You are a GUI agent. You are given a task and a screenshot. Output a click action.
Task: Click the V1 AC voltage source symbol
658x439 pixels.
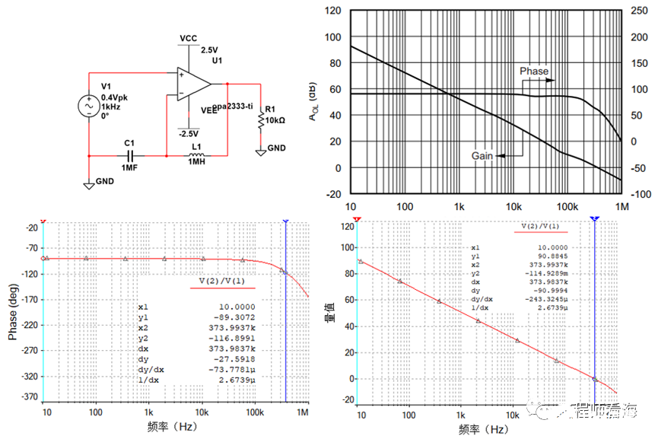(88, 105)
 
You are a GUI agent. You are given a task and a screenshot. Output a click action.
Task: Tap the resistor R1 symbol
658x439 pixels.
(261, 119)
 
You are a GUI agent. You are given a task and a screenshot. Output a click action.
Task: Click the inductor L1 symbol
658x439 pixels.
(196, 154)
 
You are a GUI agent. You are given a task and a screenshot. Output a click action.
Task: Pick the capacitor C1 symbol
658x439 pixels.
(129, 154)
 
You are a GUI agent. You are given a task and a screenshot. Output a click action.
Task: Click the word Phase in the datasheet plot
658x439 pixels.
(534, 71)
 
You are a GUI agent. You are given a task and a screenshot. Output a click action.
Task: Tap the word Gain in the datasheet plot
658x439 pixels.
(482, 155)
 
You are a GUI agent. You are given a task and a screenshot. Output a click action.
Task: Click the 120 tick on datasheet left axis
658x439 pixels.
(333, 11)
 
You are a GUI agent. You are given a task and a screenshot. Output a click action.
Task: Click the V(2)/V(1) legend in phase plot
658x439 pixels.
(217, 281)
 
